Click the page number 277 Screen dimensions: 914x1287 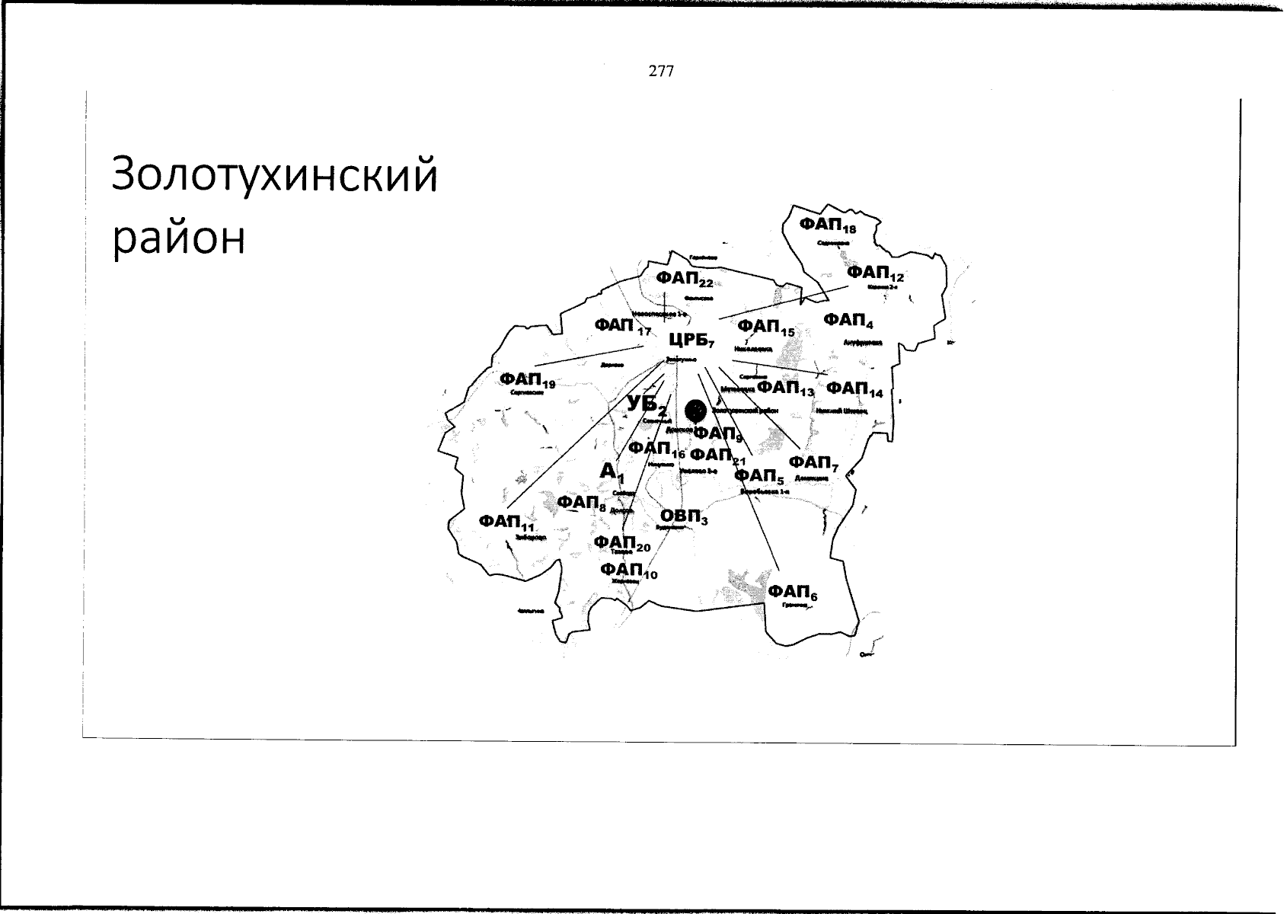point(661,72)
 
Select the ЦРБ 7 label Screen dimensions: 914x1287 point(691,340)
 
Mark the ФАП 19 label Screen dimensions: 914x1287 point(526,379)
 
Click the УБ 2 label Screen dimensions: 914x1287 point(647,405)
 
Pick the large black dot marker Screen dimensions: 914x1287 point(695,411)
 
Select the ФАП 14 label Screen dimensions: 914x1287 point(854,389)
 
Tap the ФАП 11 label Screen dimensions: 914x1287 point(506,523)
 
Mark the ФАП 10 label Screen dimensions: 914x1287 point(628,570)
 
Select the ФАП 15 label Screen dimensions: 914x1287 point(765,328)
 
